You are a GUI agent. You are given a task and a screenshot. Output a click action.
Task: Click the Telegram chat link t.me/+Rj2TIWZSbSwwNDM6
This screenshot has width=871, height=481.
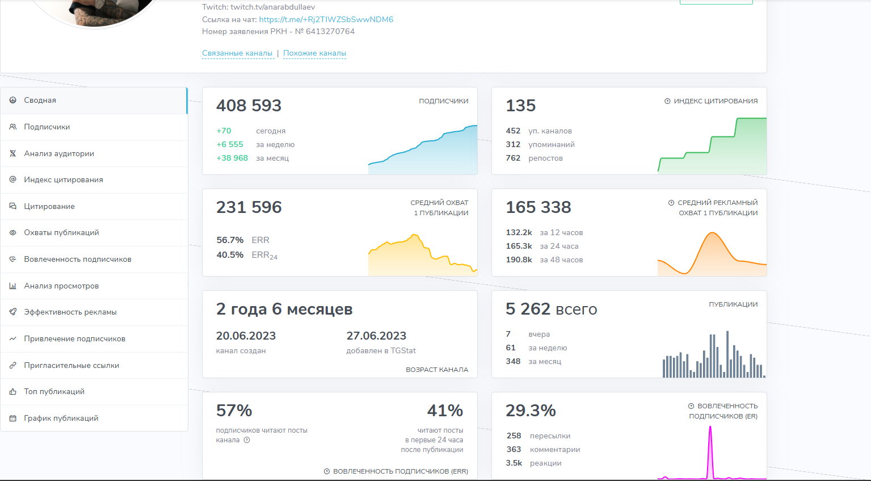click(x=326, y=19)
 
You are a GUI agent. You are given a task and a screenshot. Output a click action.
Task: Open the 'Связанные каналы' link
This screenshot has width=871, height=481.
click(x=237, y=53)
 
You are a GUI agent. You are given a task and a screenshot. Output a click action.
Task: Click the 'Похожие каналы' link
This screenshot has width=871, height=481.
click(x=314, y=53)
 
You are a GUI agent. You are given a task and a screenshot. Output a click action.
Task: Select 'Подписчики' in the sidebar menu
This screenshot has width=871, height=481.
click(x=47, y=127)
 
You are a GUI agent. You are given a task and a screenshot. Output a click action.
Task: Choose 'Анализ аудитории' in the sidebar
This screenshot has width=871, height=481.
click(x=58, y=153)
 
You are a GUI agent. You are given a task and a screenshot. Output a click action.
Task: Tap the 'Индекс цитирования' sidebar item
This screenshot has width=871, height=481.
click(x=63, y=180)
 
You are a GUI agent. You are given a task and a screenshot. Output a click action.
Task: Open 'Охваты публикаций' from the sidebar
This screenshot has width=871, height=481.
click(x=61, y=233)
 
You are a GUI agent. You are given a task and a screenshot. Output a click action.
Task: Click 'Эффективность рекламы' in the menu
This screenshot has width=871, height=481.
click(x=70, y=312)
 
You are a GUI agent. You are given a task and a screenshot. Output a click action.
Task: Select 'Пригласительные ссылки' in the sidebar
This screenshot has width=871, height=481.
click(x=71, y=365)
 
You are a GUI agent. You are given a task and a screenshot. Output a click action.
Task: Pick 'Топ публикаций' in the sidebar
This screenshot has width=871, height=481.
click(x=54, y=392)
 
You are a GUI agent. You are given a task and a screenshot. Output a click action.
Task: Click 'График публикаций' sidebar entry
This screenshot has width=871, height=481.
click(x=61, y=419)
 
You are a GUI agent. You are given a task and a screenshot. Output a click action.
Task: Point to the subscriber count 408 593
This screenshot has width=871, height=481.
click(x=249, y=106)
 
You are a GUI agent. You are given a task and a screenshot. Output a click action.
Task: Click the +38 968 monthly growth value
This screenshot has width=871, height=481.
click(x=232, y=158)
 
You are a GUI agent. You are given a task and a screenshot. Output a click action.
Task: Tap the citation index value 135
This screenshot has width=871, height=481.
click(x=520, y=106)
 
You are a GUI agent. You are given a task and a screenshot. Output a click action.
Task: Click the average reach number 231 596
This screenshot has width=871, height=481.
click(x=249, y=207)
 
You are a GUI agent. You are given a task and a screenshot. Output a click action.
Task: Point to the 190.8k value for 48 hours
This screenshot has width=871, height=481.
click(x=519, y=260)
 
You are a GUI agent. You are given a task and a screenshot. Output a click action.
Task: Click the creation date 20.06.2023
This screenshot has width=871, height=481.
click(x=246, y=336)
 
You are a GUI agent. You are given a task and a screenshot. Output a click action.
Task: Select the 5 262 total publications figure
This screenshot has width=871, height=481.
click(x=528, y=309)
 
